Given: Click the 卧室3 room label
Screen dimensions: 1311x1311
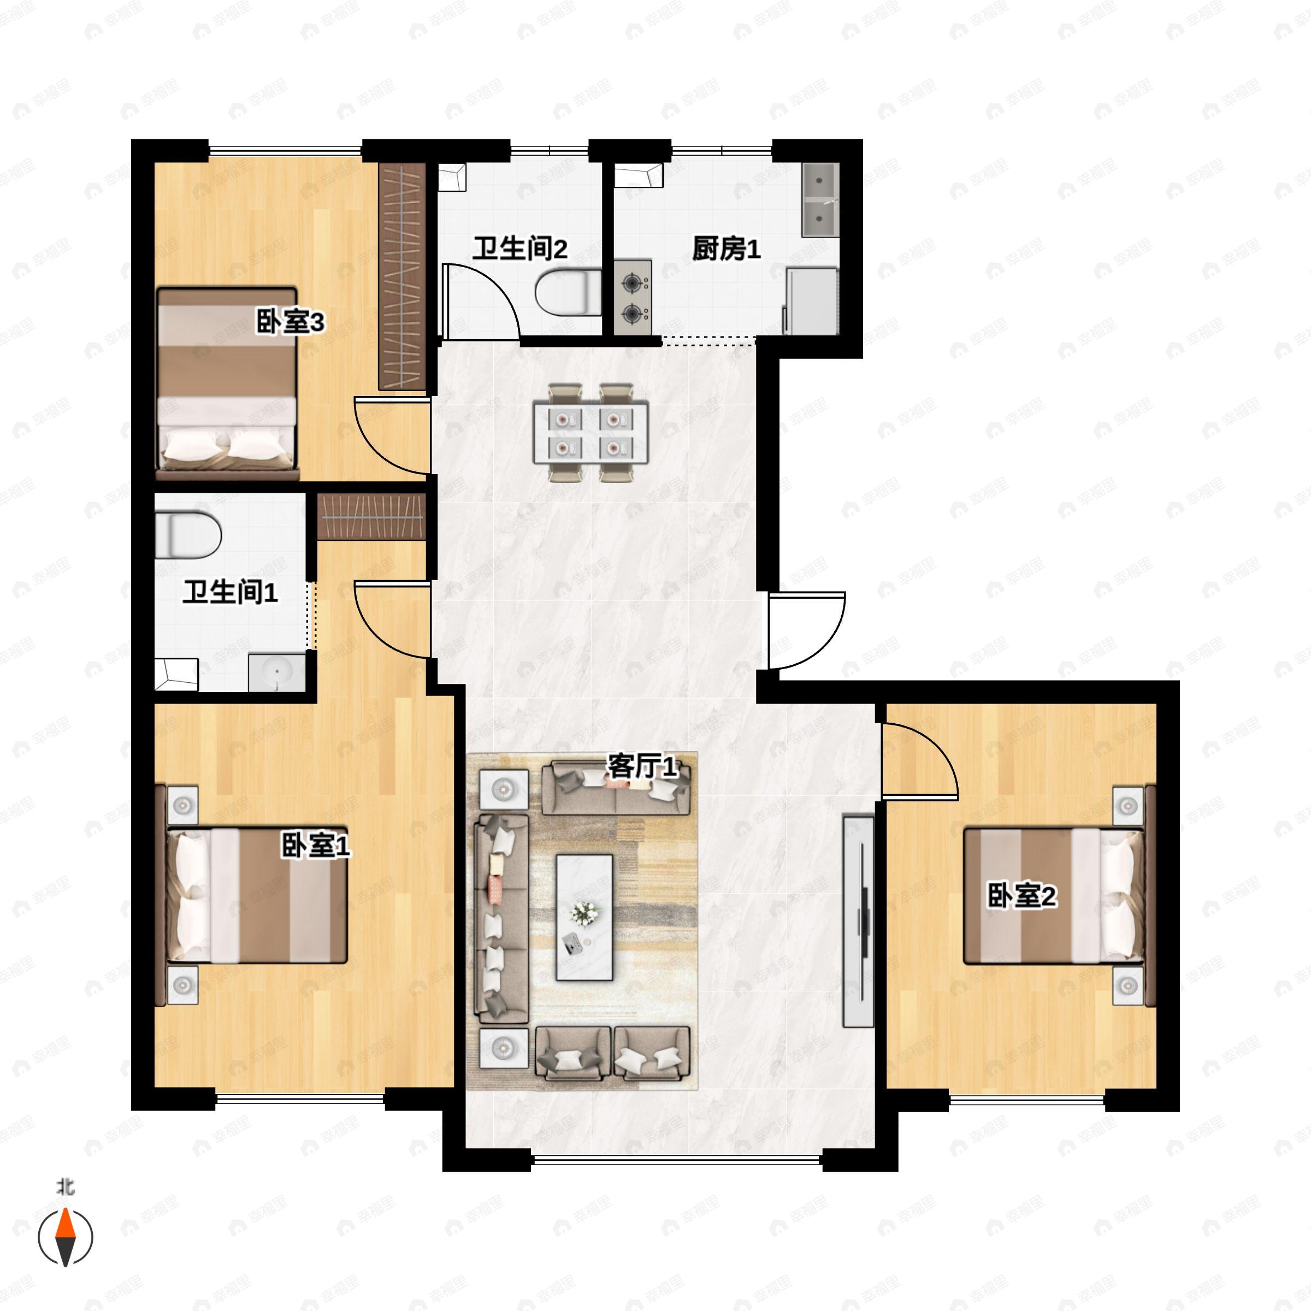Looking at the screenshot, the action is click(x=290, y=322).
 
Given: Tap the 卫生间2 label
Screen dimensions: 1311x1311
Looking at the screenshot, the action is click(x=520, y=249).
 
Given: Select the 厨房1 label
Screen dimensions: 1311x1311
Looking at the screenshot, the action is click(x=726, y=249).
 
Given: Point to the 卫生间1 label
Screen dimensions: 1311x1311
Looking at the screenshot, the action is click(x=230, y=592).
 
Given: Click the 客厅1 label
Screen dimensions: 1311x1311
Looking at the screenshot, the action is click(x=642, y=767).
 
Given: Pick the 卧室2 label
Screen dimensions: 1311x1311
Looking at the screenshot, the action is click(x=1021, y=896).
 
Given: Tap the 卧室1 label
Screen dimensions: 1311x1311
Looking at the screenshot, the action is click(x=316, y=846).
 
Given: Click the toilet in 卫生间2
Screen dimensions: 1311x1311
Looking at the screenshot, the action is click(x=569, y=292).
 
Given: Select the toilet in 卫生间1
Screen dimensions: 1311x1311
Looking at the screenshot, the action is click(x=188, y=535).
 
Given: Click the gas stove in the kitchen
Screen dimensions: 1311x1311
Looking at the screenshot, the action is click(x=633, y=297).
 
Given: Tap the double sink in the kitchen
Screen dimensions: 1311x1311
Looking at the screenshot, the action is click(x=820, y=199).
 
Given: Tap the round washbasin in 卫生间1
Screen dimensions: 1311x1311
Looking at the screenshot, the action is click(x=277, y=673).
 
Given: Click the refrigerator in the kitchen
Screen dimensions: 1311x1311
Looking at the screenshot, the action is click(x=812, y=300).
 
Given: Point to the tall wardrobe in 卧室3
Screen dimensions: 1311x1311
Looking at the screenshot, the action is click(x=401, y=276).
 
